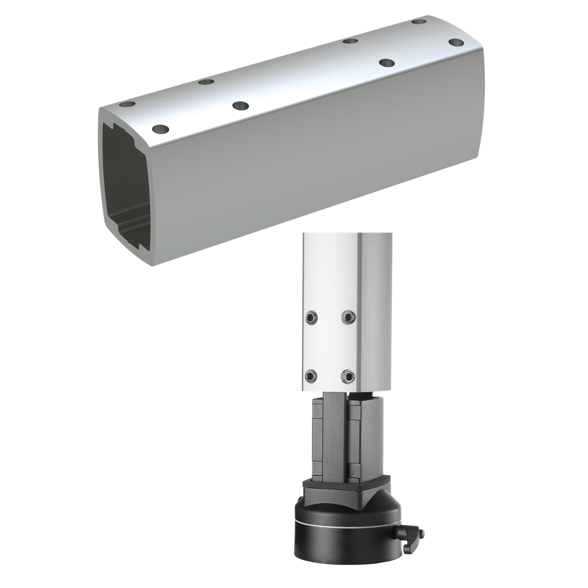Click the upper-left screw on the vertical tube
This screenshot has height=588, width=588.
point(311,317)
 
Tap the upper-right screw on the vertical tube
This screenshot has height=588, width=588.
point(348,317)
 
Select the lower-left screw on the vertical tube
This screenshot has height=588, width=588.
point(311,376)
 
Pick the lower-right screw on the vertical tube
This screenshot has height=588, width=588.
point(348,376)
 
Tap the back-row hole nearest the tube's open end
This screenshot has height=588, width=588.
point(127,105)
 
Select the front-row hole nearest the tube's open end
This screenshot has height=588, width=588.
point(161,129)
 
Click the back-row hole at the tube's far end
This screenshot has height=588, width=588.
point(419,22)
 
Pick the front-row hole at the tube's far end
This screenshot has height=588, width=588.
point(457,42)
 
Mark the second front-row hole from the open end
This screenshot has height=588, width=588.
point(241,106)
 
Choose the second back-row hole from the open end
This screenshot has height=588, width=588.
point(206,82)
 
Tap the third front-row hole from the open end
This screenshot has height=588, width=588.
point(387,63)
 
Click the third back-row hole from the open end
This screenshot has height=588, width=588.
point(350,41)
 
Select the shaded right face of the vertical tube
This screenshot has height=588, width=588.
point(374,310)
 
